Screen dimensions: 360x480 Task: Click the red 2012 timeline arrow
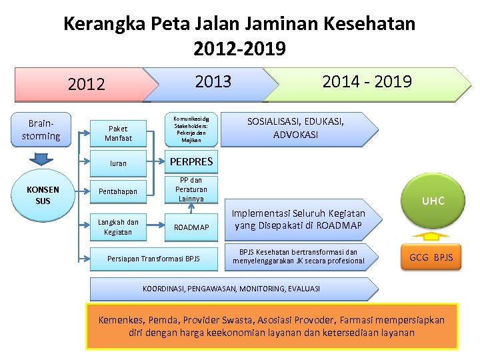(87, 84)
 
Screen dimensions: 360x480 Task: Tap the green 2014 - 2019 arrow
(367, 82)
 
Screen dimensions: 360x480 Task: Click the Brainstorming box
(41, 130)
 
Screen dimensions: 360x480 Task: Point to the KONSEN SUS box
(43, 195)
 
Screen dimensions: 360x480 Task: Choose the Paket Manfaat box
(118, 133)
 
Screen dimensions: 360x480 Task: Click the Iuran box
(118, 163)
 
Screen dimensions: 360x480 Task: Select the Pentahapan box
(118, 191)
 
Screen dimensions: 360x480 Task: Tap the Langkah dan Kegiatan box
(118, 227)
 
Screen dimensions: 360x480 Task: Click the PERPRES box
(191, 161)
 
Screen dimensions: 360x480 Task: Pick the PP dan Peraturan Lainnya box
(191, 189)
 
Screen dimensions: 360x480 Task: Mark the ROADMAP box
(191, 227)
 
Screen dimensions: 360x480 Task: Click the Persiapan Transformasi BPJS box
(153, 259)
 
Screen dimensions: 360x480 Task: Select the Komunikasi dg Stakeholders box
(191, 129)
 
